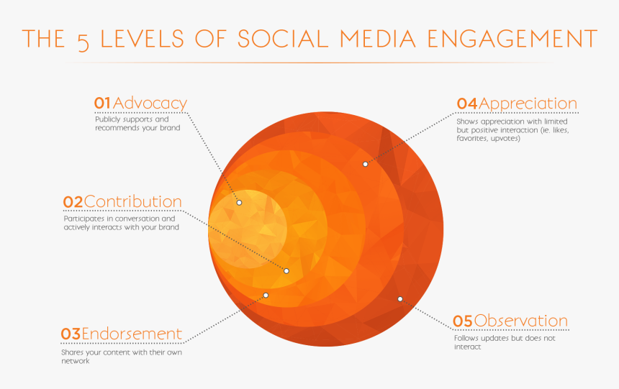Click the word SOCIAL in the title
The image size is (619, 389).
(x=283, y=39)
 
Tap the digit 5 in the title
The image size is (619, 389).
(x=83, y=42)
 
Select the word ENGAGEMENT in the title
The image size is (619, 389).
(x=512, y=39)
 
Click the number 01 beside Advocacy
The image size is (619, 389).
(x=102, y=104)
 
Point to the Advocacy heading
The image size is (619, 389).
(x=150, y=104)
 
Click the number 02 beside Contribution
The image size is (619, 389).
(x=73, y=202)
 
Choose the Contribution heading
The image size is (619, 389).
(x=132, y=201)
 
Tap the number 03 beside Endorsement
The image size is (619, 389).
(x=71, y=334)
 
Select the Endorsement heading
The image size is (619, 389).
(x=132, y=334)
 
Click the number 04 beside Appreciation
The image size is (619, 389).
(x=467, y=104)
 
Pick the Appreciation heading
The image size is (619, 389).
(x=528, y=104)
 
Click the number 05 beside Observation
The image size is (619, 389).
(x=463, y=321)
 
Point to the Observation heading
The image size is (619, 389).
(x=520, y=321)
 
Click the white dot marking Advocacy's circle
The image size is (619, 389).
(x=239, y=202)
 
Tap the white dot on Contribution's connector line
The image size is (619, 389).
(x=286, y=270)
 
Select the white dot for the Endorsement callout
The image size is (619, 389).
(x=266, y=295)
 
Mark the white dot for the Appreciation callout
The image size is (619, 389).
(x=365, y=164)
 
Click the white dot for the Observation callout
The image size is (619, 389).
(x=400, y=299)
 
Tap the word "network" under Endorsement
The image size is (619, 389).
(x=76, y=361)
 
